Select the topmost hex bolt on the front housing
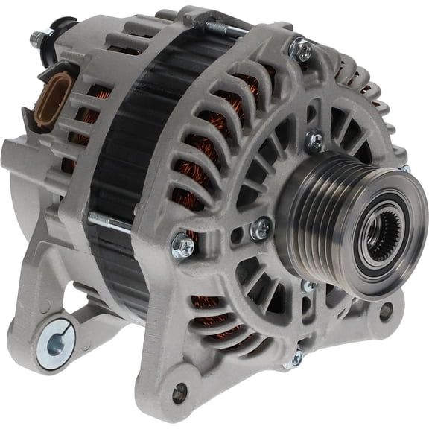[x=302, y=51]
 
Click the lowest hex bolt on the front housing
[x=296, y=358]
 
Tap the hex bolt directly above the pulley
[x=315, y=139]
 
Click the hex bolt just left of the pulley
[x=260, y=229]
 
